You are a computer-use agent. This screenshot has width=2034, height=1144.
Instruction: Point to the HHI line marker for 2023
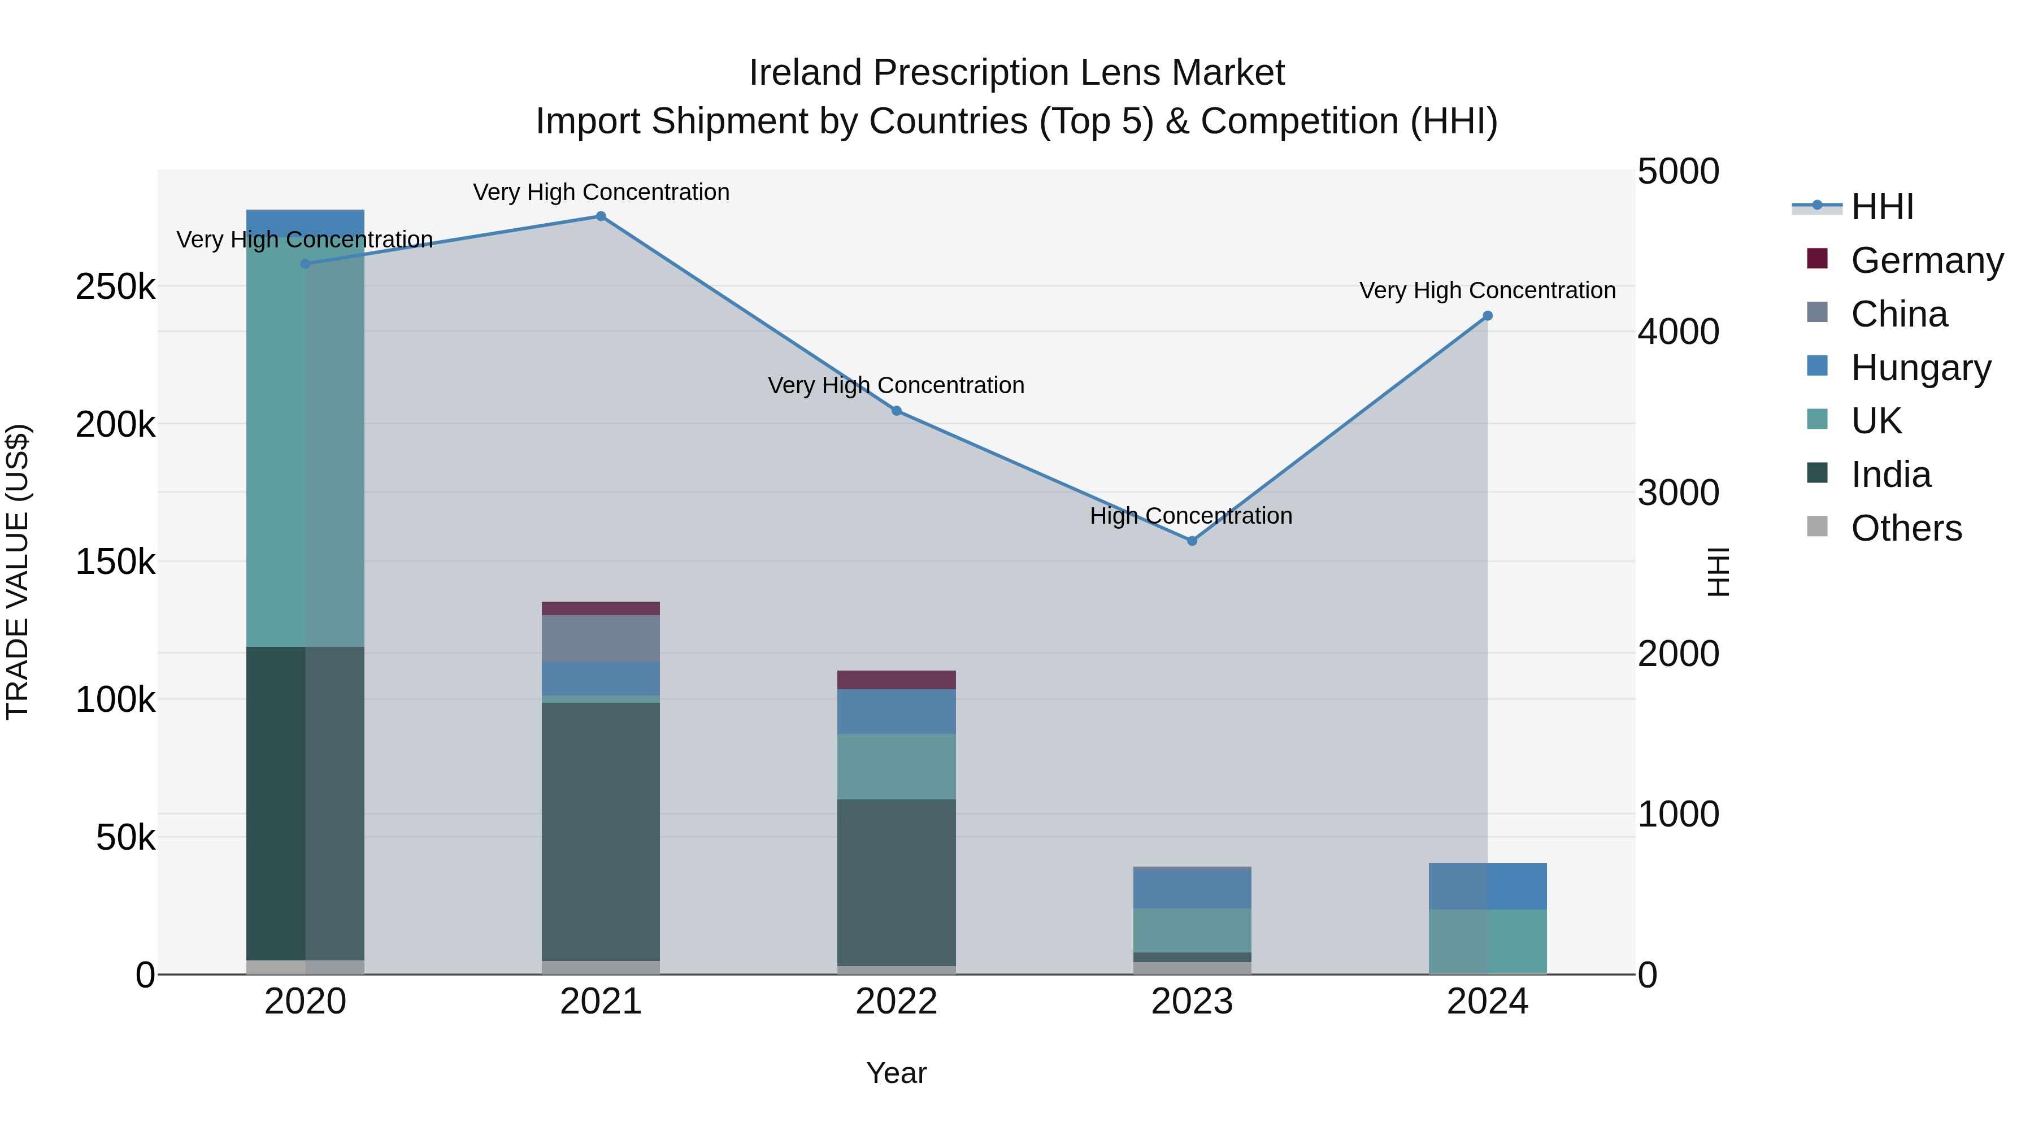point(1192,541)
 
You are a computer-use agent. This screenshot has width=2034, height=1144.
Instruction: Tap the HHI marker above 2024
point(1487,316)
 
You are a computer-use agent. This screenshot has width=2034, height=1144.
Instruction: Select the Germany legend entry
point(1927,260)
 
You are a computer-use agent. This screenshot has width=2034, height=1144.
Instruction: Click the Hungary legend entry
point(1920,368)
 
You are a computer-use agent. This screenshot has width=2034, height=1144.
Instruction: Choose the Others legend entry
point(1906,528)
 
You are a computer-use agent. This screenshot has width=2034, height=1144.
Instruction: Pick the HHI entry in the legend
point(1883,207)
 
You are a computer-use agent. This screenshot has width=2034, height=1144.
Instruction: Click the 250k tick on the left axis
point(115,286)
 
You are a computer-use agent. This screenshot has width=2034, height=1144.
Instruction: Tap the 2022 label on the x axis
point(896,1002)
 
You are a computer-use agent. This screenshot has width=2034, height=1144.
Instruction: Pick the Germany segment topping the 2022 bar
point(896,680)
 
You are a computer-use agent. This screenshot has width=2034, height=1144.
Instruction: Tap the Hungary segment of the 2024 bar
point(1487,886)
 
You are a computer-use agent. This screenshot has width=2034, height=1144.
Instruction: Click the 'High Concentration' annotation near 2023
point(1190,516)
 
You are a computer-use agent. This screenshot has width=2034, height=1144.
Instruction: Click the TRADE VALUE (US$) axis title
point(18,572)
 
